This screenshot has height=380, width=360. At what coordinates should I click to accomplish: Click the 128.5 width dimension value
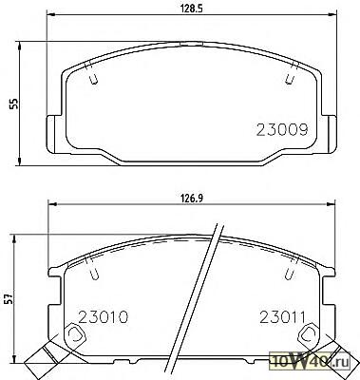pos(191,9)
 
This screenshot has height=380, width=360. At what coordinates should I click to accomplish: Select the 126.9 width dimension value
pos(191,199)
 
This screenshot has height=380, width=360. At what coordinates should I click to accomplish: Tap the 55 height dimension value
pos(13,104)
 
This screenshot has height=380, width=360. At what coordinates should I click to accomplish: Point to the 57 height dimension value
pos(9,298)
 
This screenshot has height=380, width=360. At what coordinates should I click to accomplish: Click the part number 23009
pos(282,130)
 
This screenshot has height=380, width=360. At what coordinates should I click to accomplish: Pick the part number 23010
pos(104,317)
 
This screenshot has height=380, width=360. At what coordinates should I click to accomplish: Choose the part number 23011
pos(282,317)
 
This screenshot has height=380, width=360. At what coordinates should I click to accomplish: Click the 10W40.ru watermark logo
pos(310,361)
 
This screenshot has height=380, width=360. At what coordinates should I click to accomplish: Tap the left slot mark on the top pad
pos(91,73)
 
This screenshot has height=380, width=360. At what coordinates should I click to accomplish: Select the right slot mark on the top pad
pos(292,73)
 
